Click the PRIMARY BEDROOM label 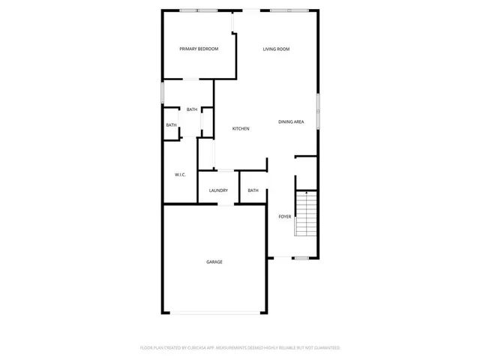199,49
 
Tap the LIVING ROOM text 276,49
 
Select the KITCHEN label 241,129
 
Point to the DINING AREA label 291,121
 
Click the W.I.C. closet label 180,175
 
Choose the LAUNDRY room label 218,190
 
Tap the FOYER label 285,217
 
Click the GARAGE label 214,262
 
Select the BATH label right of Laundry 253,190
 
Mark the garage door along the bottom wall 214,313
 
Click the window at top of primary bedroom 199,10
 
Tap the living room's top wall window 289,10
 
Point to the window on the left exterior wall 163,91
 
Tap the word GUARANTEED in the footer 323,348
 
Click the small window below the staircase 301,258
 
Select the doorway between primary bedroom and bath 193,79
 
